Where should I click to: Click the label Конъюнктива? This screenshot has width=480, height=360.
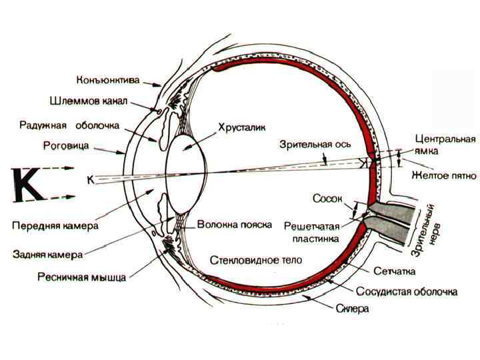(108, 81)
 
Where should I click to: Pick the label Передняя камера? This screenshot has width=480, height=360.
(56, 225)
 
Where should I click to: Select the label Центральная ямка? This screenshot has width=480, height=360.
(445, 145)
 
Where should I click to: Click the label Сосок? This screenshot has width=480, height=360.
(327, 198)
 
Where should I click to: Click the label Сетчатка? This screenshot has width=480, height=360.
(395, 271)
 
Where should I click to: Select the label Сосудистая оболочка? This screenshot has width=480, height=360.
(406, 292)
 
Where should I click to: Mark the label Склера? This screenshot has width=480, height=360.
(353, 310)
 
